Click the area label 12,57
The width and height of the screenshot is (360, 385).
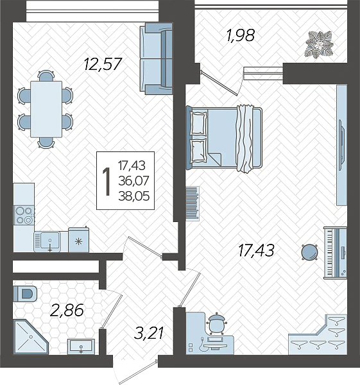103,64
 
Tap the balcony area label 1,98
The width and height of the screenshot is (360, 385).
241,35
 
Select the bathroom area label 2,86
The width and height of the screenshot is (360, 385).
67,311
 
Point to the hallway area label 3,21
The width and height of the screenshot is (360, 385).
149,333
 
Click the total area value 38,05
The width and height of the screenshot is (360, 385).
134,196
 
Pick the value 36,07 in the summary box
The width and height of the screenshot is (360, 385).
134,181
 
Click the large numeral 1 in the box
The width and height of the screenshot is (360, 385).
107,181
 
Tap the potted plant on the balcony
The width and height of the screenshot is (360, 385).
319,45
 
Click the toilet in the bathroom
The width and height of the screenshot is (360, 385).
25,293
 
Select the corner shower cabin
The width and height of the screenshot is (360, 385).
30,337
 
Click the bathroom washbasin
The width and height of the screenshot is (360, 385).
81,346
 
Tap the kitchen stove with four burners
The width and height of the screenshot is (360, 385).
24,216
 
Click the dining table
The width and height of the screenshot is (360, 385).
46,109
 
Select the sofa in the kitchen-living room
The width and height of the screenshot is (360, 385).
156,58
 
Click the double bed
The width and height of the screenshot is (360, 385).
224,138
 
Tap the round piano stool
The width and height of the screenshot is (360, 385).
310,252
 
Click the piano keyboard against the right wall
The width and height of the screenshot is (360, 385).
335,253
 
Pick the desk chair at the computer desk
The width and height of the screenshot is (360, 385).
216,323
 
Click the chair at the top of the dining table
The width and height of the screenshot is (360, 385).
46,76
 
